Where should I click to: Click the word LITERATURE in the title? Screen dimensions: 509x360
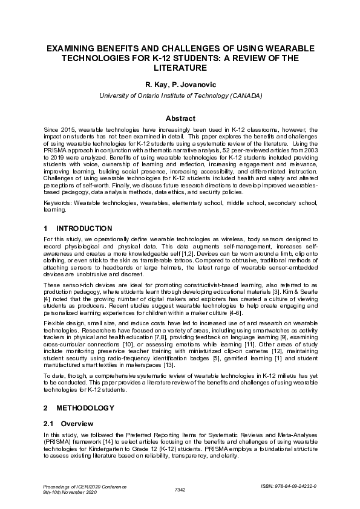click(180, 68)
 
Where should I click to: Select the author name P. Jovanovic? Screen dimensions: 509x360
click(197, 85)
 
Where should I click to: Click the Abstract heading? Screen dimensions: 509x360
click(180, 118)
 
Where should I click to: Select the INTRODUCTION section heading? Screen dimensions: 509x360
click(83, 229)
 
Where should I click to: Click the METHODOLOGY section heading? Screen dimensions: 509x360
click(84, 408)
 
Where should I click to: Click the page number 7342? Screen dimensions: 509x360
click(180, 488)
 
